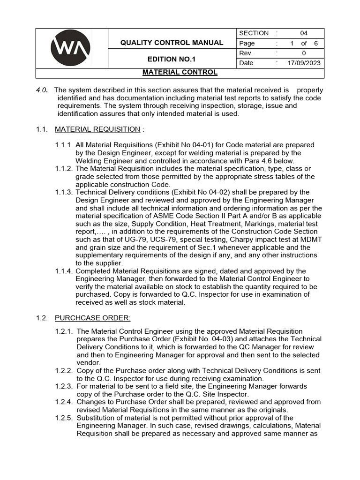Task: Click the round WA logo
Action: tap(71, 48)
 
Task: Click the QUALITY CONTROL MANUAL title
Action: tap(172, 43)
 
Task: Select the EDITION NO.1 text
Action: tap(172, 59)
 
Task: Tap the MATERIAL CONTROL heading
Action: tap(180, 73)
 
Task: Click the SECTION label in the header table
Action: tap(254, 33)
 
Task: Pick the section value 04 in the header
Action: tap(304, 33)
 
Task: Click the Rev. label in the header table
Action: tap(247, 53)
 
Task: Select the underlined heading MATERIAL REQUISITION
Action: tap(97, 129)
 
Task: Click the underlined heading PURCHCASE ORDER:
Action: tap(90, 318)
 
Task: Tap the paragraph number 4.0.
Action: tap(42, 90)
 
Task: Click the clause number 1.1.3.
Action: tap(64, 192)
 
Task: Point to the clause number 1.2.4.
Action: tap(64, 402)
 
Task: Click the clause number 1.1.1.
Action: tap(64, 145)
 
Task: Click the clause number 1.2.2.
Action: tap(64, 370)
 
